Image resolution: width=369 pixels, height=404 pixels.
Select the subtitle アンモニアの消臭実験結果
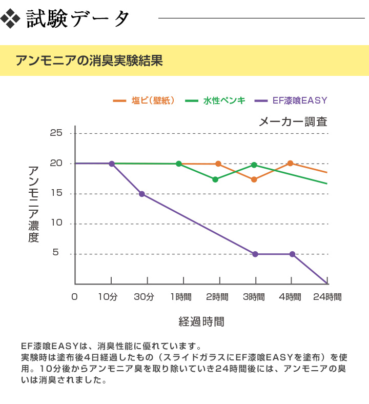[89, 60]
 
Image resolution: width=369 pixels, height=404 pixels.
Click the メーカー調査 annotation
[293, 122]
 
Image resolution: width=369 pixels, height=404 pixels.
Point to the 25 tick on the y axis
[56, 133]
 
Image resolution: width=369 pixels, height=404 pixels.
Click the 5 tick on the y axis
[56, 253]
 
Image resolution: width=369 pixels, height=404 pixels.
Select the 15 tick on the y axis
[56, 193]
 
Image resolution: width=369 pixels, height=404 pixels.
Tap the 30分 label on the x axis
[144, 297]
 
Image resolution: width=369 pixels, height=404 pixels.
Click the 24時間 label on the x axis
[327, 297]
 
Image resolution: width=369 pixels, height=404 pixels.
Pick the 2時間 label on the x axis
[217, 297]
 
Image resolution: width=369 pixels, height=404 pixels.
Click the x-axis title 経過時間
[201, 322]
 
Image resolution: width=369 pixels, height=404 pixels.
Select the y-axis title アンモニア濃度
[33, 204]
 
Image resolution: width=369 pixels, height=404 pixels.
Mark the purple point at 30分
[142, 194]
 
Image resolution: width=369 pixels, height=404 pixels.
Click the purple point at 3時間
[255, 254]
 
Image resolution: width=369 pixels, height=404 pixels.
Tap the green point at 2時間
[215, 179]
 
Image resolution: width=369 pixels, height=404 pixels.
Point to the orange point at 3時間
[254, 179]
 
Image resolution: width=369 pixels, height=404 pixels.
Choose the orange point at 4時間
[290, 164]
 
